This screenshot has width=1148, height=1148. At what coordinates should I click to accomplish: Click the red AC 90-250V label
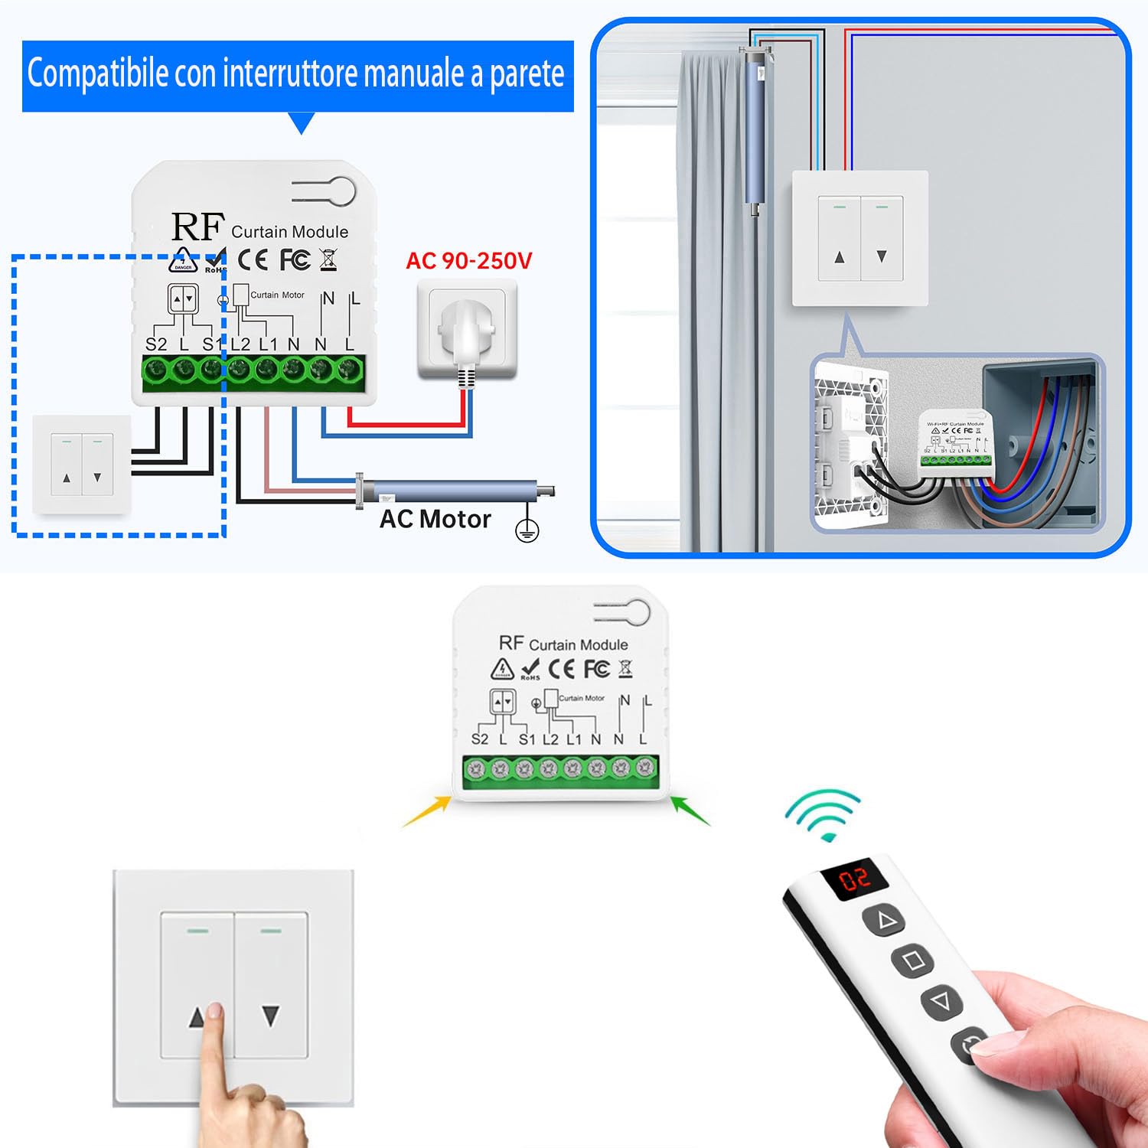(x=468, y=261)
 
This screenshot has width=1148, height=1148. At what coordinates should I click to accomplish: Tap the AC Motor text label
(x=435, y=519)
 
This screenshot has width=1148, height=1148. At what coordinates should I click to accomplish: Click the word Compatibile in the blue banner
(x=97, y=74)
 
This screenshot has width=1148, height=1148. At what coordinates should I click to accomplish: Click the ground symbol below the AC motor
(x=527, y=530)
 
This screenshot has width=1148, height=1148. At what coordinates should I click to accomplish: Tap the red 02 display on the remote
(x=855, y=879)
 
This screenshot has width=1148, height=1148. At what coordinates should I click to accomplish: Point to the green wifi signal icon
(x=822, y=816)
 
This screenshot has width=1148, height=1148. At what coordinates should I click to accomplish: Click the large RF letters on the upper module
(x=197, y=227)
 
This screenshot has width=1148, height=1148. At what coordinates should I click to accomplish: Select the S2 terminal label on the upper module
(x=155, y=344)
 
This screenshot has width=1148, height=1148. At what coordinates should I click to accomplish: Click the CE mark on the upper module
(x=253, y=260)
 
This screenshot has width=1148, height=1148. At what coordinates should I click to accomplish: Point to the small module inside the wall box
(x=957, y=443)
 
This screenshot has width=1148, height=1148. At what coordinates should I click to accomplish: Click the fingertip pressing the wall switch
(x=214, y=1014)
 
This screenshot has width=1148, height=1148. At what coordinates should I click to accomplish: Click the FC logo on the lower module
(x=597, y=668)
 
